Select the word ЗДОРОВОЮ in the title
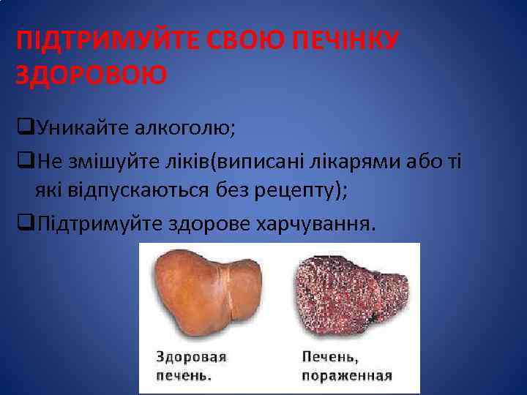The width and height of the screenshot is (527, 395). [x=91, y=74]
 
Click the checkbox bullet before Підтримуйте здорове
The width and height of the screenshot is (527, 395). [x=23, y=222]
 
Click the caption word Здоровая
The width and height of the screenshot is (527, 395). [x=191, y=358]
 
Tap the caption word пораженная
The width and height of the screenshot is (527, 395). [x=347, y=376]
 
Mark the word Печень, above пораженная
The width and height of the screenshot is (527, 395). [x=330, y=358]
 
